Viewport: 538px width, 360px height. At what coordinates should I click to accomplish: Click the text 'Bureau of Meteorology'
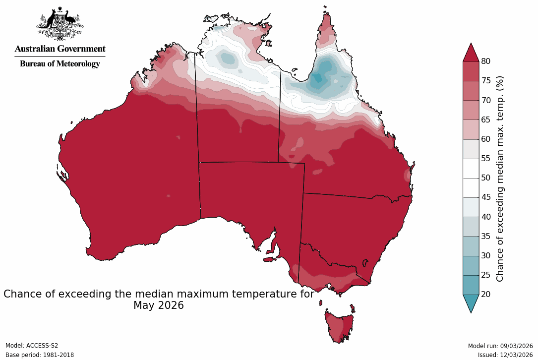(60, 63)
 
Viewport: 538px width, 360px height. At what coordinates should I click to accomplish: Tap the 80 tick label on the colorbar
(486, 61)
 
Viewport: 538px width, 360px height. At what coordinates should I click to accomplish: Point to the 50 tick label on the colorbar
(486, 178)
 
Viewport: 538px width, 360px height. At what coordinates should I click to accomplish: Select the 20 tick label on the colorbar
(486, 294)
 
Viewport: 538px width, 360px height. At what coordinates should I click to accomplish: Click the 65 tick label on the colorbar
(486, 120)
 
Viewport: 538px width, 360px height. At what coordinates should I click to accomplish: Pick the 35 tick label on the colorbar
(486, 236)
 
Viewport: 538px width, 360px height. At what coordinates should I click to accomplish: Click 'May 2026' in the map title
(159, 305)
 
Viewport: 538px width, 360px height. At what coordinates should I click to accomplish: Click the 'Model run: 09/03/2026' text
(500, 346)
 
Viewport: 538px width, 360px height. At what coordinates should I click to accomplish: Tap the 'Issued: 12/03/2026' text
(505, 355)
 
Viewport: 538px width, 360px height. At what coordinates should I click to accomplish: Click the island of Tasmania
(340, 325)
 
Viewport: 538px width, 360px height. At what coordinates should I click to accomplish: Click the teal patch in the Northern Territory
(227, 59)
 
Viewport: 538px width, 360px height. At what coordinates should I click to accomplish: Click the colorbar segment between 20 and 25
(471, 285)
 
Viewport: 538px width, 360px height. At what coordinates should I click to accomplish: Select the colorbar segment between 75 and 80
(471, 71)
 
